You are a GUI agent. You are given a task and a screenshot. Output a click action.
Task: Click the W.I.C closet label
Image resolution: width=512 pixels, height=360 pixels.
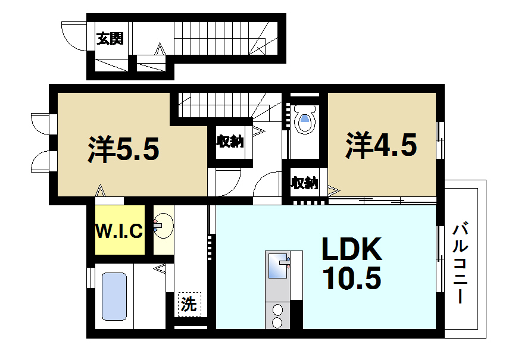click(x=120, y=231)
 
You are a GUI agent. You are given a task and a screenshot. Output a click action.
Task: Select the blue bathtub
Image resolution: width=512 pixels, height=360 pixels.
click(x=114, y=297)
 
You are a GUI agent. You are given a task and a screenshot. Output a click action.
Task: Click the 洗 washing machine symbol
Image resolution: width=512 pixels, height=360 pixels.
click(x=188, y=305)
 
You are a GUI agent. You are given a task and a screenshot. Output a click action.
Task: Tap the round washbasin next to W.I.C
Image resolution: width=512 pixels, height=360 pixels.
click(x=162, y=226)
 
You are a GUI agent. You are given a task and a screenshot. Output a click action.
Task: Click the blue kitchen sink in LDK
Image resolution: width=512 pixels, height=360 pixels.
click(x=277, y=265)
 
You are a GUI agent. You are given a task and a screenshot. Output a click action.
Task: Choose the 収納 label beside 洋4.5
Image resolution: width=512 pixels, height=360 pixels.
click(x=304, y=183)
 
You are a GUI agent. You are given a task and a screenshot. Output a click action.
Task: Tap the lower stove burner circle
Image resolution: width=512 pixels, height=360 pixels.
click(x=277, y=322)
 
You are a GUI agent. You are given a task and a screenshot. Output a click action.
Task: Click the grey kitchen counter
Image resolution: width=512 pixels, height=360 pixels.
click(x=277, y=292)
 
